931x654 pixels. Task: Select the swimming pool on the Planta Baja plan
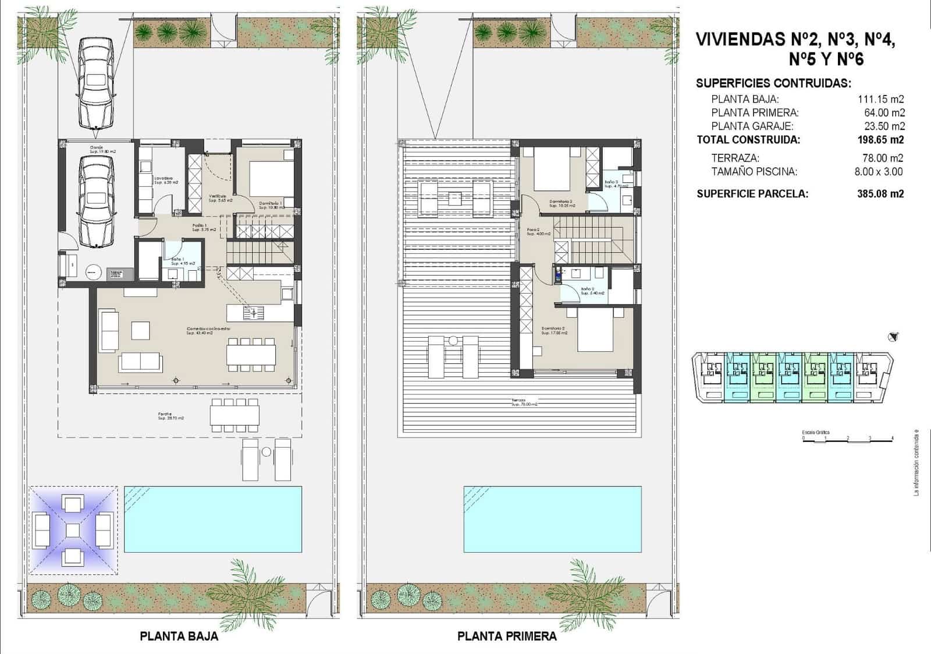[x=213, y=519]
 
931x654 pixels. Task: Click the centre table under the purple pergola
[x=72, y=530]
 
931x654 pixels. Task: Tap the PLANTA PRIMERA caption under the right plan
[x=506, y=637]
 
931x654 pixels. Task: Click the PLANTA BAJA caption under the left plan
[x=179, y=637]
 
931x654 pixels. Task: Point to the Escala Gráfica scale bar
[x=848, y=441]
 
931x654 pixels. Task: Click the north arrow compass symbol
[x=894, y=336]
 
